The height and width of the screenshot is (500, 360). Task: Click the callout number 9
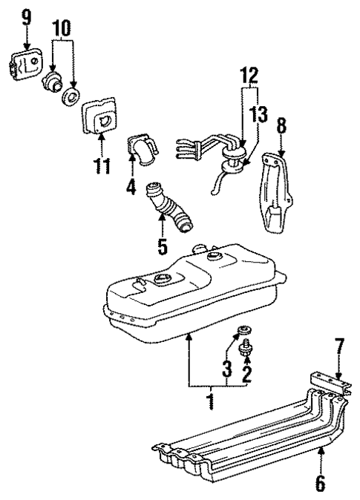tap(27, 16)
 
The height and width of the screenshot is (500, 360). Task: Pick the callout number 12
tap(249, 75)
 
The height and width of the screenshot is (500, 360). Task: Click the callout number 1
tap(212, 401)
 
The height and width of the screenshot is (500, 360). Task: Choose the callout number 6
tap(319, 484)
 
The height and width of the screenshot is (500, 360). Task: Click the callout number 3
tap(228, 367)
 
